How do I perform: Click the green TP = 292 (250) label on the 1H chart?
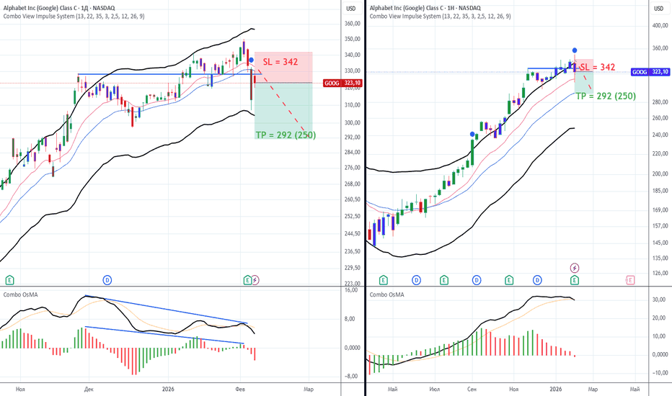(606, 95)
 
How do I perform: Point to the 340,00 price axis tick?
(352, 55)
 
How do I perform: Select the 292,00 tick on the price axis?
(352, 137)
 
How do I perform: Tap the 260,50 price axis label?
(352, 199)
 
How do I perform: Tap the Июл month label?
(434, 389)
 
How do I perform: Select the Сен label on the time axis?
(473, 389)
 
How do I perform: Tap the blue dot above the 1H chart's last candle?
(574, 50)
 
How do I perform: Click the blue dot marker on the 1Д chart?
(252, 60)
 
